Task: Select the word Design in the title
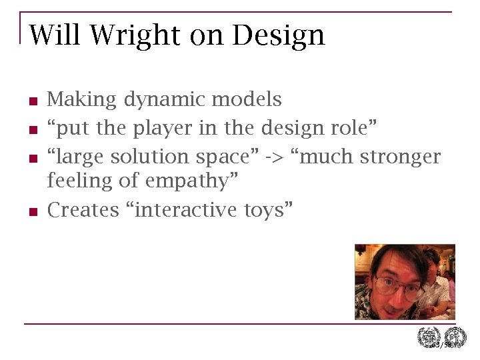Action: [278, 35]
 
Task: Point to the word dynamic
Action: [164, 100]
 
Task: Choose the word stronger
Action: [401, 157]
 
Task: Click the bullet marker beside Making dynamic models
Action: [31, 102]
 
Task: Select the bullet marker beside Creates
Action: [31, 212]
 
